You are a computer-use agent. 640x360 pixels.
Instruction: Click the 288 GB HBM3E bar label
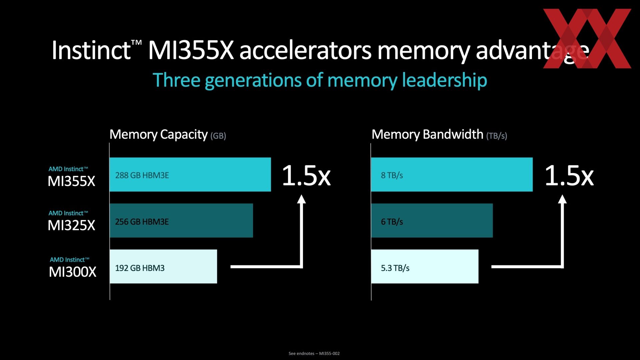pos(142,175)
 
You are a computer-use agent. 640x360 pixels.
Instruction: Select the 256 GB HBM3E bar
pos(181,220)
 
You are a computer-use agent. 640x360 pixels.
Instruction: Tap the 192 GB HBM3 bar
pos(163,266)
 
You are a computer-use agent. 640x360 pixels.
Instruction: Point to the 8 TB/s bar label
pos(392,175)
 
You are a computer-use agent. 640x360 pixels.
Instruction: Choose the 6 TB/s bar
pos(432,220)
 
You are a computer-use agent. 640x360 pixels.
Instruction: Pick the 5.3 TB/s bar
pos(425,266)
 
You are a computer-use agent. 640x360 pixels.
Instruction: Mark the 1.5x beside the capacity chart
pos(306,175)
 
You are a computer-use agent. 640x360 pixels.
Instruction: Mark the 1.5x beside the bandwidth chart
pos(569,175)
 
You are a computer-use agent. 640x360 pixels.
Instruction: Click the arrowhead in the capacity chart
pos(301,199)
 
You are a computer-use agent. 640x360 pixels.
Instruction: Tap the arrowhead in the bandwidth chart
pos(562,199)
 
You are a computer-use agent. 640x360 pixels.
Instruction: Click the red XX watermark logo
pos(587,38)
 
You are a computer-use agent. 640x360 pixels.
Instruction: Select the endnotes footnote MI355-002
pos(314,353)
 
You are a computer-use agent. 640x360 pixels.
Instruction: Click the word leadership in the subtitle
pos(444,80)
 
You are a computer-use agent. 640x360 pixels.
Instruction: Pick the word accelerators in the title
pos(305,51)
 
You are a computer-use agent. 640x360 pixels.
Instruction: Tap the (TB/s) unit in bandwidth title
pos(497,136)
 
